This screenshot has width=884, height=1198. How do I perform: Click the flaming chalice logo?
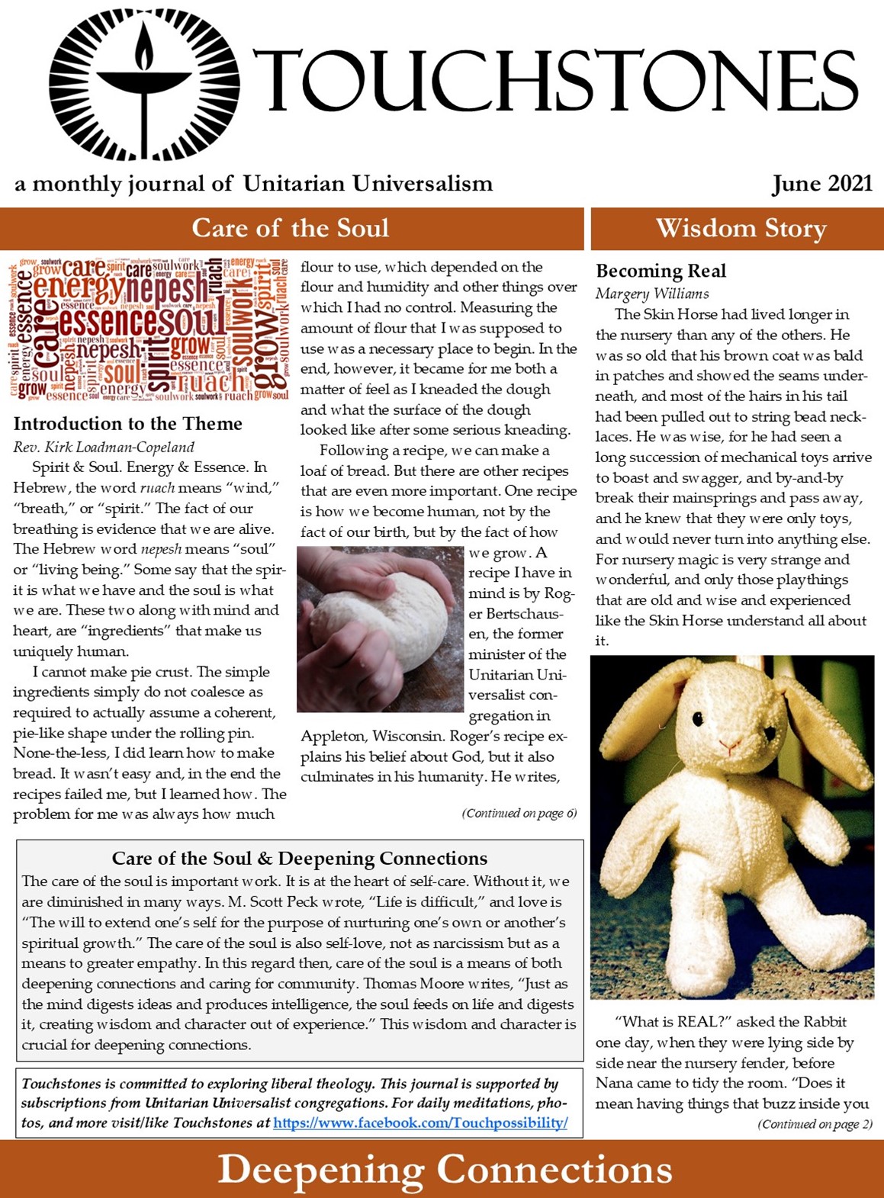coord(143,85)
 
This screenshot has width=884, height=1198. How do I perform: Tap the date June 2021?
coord(821,184)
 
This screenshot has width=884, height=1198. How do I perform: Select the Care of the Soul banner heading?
coord(291,228)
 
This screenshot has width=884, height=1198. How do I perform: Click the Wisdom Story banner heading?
coord(741,228)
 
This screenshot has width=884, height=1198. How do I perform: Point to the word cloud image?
coord(149,329)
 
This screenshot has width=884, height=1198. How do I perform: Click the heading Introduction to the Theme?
coord(127,424)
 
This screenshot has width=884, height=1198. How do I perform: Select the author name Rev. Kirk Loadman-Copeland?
coord(104,447)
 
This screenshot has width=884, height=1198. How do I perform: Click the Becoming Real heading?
coord(661,271)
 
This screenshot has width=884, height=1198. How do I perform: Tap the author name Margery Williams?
coord(652,294)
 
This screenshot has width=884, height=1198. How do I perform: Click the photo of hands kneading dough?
coord(380,628)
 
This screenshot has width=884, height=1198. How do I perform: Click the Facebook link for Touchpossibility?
coord(420,1123)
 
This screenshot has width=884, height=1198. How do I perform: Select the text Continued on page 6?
coord(519,813)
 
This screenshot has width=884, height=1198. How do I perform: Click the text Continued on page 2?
coord(815,1123)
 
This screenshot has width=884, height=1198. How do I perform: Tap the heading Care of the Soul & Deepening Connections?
coord(299,859)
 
